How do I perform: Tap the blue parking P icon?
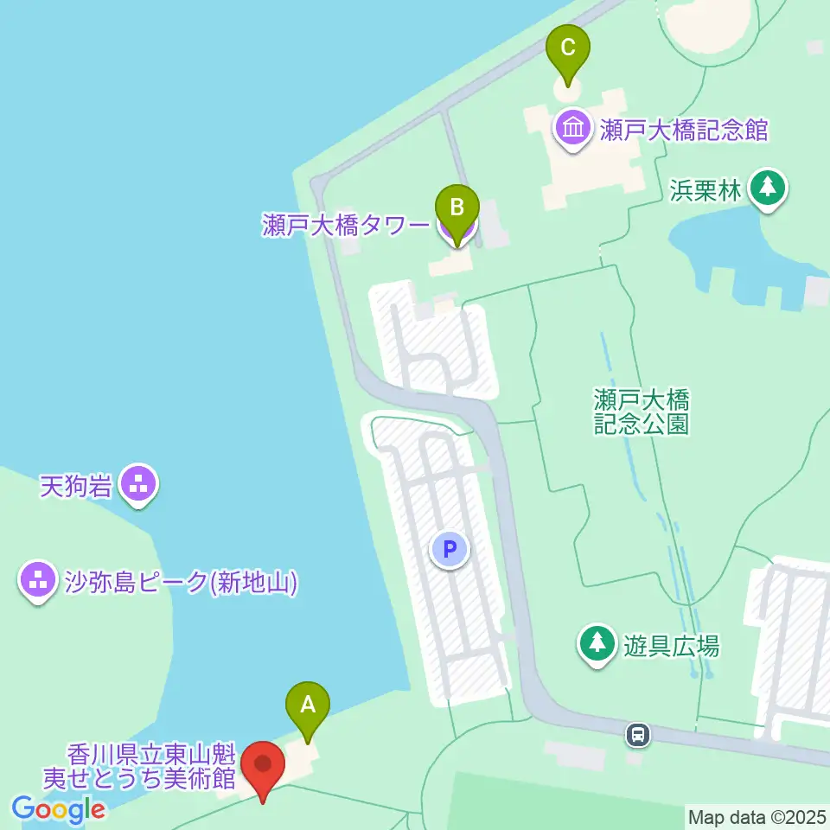point(450,548)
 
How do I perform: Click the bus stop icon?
point(638,735)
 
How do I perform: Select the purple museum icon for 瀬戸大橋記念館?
point(572,130)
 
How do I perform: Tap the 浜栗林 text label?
point(705,190)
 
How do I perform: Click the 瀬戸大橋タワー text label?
point(346,227)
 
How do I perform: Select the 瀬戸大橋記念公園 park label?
point(641,411)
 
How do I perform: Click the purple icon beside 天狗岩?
point(137,484)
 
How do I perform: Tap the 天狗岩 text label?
point(76,486)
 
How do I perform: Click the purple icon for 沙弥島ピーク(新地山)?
point(38,581)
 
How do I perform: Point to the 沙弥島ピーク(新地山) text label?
point(181,581)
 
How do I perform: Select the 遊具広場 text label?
point(672,645)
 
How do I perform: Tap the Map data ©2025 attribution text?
point(757,816)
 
